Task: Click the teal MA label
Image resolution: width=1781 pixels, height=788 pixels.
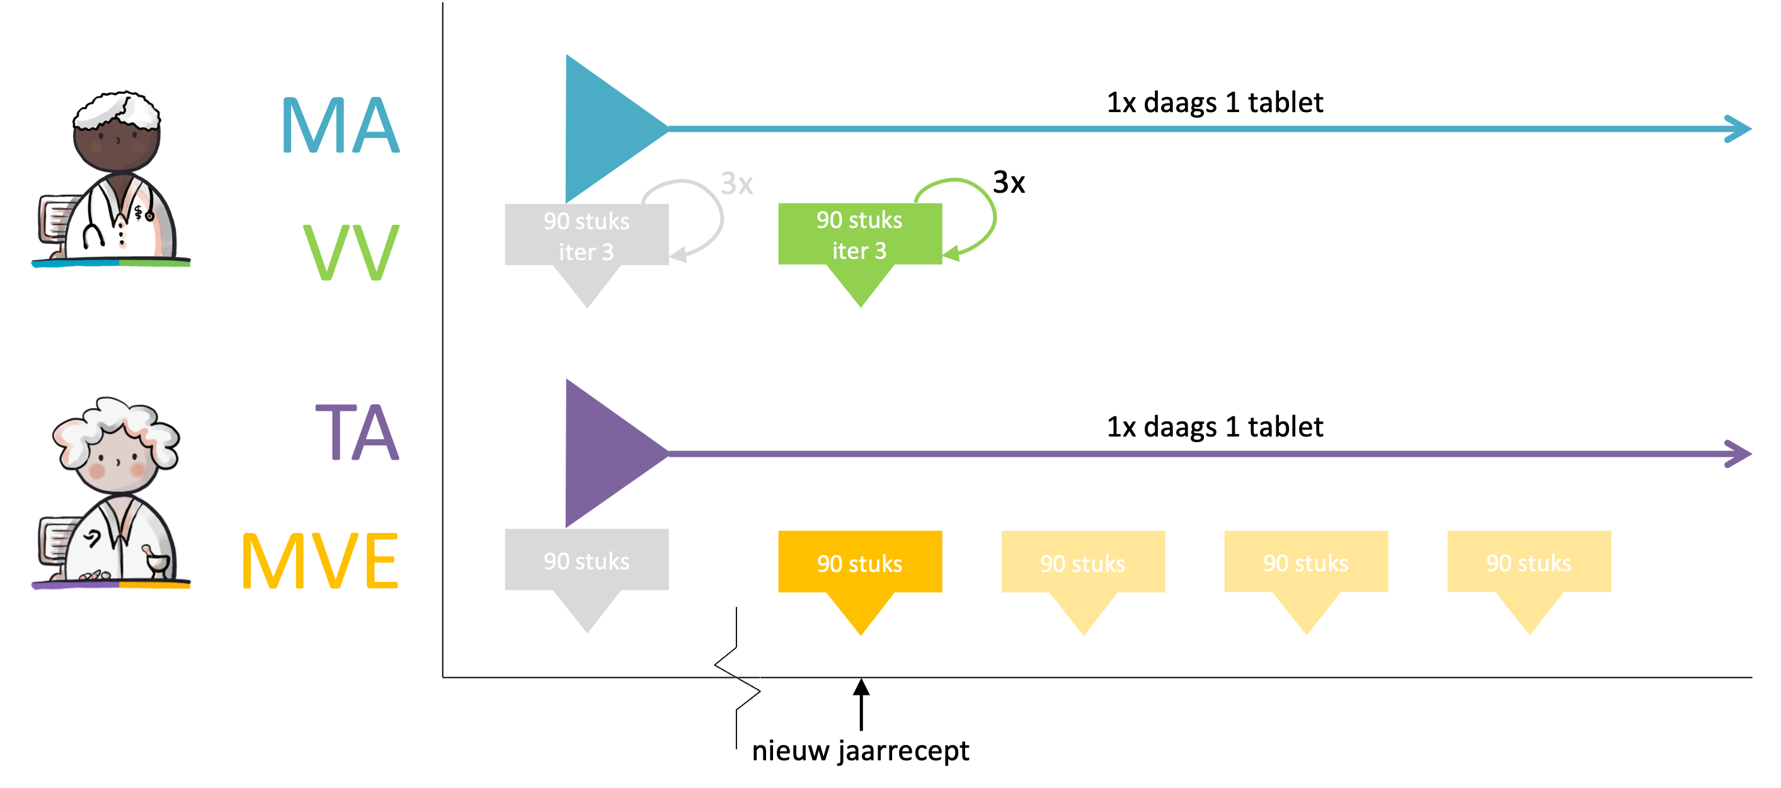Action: coord(340,125)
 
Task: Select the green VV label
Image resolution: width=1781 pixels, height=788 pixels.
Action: coord(351,253)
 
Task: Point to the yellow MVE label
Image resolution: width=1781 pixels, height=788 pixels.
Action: coord(319,561)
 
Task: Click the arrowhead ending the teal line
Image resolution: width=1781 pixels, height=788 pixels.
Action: coord(1739,128)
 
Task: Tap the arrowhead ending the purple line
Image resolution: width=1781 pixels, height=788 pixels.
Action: coord(1739,454)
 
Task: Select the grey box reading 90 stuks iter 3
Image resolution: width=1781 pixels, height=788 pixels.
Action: coord(587,235)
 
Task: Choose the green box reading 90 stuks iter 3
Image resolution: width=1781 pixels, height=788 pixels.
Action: coord(859,234)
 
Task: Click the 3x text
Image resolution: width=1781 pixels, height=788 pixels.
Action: coord(736,184)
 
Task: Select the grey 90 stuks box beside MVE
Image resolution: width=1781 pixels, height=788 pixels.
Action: coord(587,560)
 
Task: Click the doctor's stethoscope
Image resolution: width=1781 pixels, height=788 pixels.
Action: coord(93,228)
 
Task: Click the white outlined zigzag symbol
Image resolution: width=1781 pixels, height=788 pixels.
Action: coord(737,677)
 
